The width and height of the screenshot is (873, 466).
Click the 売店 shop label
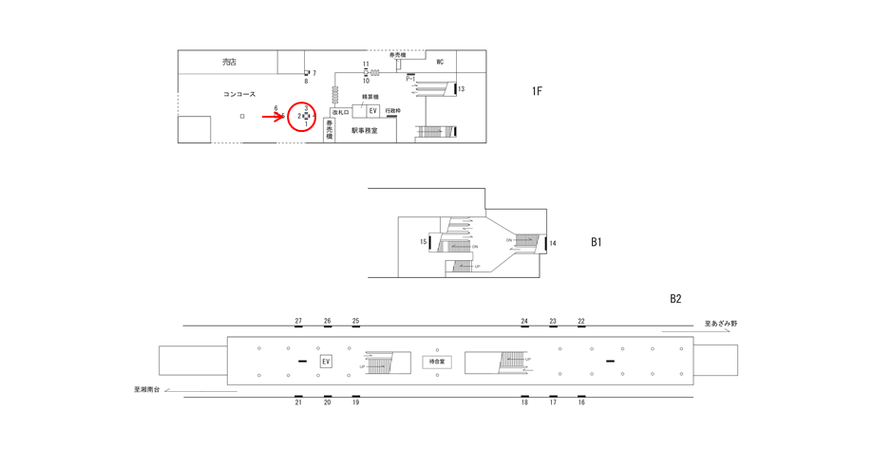tap(229, 63)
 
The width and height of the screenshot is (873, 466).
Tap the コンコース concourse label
tap(239, 94)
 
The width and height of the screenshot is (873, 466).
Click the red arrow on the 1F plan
tap(274, 116)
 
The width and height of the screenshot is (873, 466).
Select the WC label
tap(440, 63)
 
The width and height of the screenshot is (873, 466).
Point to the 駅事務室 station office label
tap(364, 130)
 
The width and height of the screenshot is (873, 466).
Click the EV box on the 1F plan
tap(373, 111)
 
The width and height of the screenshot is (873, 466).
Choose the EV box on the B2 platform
tap(326, 362)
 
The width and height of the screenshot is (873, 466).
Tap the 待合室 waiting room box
tap(437, 362)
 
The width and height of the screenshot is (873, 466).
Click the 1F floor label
tap(537, 91)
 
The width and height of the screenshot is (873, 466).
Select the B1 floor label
tap(597, 242)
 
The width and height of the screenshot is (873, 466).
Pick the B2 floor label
tap(675, 299)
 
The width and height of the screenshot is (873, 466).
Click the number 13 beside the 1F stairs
tap(461, 89)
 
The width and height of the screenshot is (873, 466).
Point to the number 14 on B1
tap(553, 244)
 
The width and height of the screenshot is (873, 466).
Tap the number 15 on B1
tap(424, 242)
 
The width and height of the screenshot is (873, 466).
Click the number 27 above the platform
tap(298, 321)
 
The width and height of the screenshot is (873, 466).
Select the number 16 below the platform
tap(581, 402)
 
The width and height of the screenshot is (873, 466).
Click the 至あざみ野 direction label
tap(720, 324)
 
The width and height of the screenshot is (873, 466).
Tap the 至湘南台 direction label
tap(148, 389)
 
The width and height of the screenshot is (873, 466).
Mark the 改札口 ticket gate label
tap(340, 112)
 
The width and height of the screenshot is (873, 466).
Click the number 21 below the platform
tap(298, 402)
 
